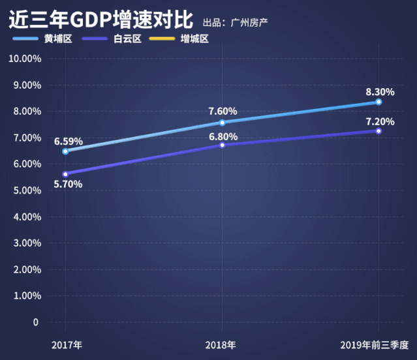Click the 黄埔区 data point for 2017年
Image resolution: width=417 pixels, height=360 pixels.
click(x=65, y=151)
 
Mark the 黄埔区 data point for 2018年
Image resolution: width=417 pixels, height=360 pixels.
click(x=222, y=123)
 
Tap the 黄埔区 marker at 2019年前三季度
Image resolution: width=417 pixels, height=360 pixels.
click(x=378, y=102)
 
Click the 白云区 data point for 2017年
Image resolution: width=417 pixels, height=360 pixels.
click(x=65, y=174)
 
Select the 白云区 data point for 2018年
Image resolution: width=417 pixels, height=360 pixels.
click(x=222, y=145)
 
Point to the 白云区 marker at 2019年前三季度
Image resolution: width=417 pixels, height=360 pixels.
click(x=378, y=131)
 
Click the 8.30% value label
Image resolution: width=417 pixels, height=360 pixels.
click(x=380, y=92)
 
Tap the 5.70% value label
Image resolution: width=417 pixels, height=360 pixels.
click(x=68, y=185)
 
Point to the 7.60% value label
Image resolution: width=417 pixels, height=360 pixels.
click(x=223, y=111)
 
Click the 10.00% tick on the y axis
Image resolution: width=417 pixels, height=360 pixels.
click(x=25, y=59)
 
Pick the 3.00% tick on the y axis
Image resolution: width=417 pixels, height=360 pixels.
click(x=27, y=243)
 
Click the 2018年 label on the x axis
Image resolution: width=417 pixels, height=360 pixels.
click(x=221, y=344)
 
